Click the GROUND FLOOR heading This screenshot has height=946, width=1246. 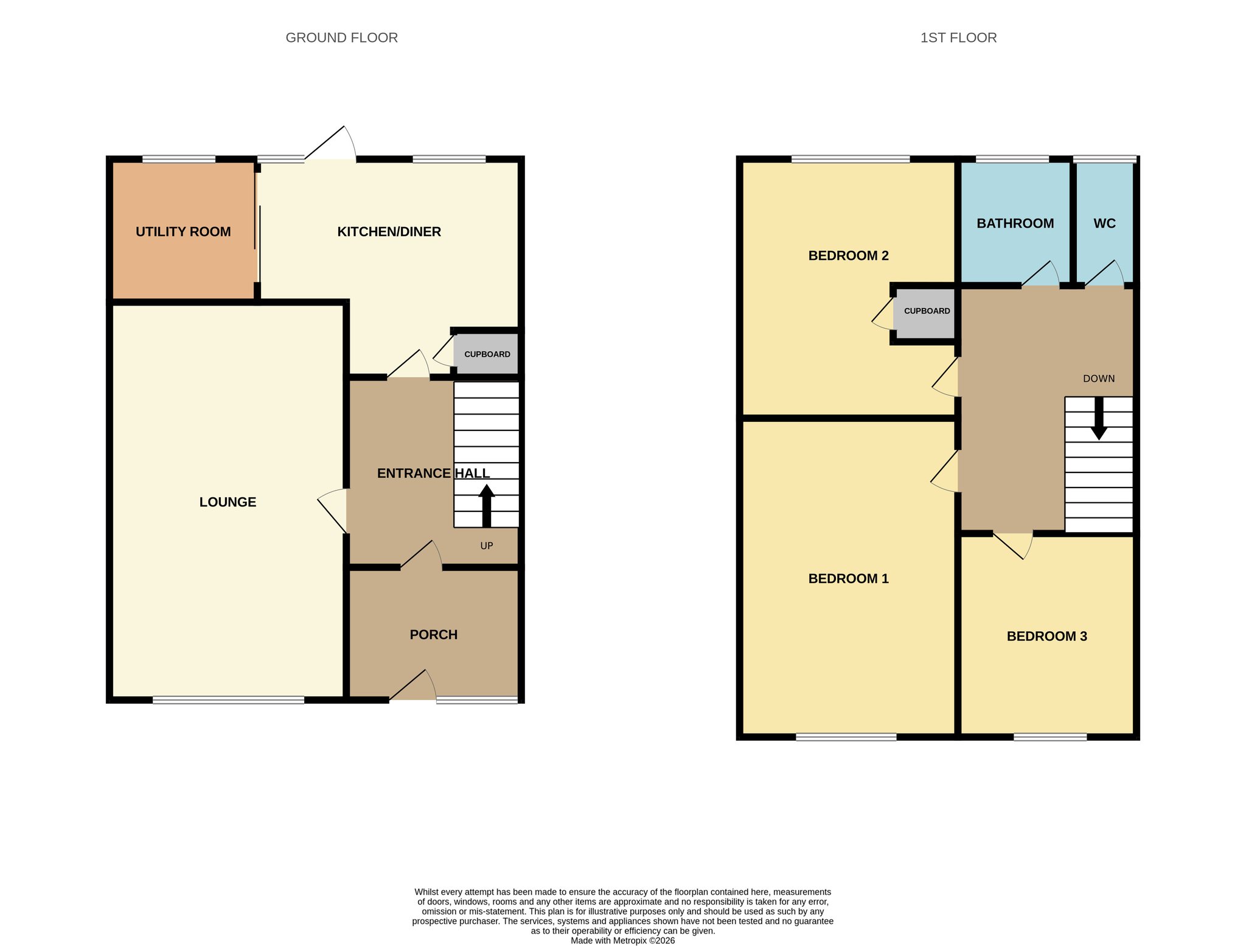[341, 38]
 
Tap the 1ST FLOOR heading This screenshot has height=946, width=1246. [958, 38]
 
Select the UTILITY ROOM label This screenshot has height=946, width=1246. [183, 232]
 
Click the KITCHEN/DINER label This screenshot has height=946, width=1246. [389, 232]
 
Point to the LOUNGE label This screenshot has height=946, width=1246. [228, 502]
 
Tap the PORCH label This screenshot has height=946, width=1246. [434, 635]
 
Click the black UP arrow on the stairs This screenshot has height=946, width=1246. [486, 505]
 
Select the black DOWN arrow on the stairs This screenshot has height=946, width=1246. [1099, 418]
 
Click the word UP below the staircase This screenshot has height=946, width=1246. [487, 546]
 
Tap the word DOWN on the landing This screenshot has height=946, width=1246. [1099, 379]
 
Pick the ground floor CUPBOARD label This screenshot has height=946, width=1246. [487, 354]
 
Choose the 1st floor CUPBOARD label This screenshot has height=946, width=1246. [927, 311]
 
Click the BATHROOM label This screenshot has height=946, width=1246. [1015, 223]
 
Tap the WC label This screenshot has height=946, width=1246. [1105, 223]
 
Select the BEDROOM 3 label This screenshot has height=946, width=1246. [1047, 637]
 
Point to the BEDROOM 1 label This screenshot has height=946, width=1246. [849, 579]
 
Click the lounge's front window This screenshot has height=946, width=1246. [228, 700]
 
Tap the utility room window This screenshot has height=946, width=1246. [179, 159]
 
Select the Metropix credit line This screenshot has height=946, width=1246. [622, 941]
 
